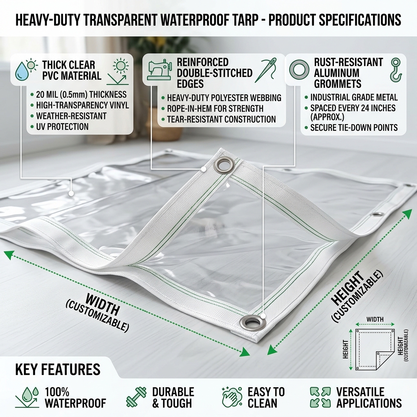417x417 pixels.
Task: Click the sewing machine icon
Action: coord(159,69)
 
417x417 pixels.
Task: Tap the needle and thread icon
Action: coord(266,70)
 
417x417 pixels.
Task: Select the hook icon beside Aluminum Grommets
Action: coord(396,70)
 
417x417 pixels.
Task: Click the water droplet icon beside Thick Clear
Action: coord(21,71)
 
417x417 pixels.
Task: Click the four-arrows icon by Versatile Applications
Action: coord(320,397)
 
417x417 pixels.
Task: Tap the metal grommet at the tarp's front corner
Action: coord(253,323)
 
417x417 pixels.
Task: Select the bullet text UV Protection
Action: coord(62,127)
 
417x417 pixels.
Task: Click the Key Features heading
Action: coord(58,369)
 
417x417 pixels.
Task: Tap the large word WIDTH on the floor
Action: coord(103,305)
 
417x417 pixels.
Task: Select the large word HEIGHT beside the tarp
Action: coord(348,288)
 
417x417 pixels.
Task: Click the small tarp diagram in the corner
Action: coord(375,349)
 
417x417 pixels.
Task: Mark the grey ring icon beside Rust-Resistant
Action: coord(299,70)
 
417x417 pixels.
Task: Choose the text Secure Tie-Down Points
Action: coord(354,127)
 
